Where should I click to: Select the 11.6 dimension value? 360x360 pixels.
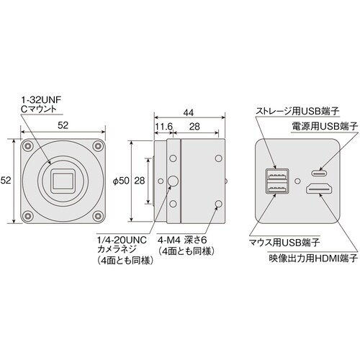click(163, 127)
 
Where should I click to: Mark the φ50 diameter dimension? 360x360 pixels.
click(122, 180)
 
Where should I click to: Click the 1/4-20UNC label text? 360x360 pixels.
click(118, 240)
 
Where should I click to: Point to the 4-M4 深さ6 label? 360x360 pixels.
click(186, 240)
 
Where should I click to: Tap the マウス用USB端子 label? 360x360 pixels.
click(283, 243)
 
